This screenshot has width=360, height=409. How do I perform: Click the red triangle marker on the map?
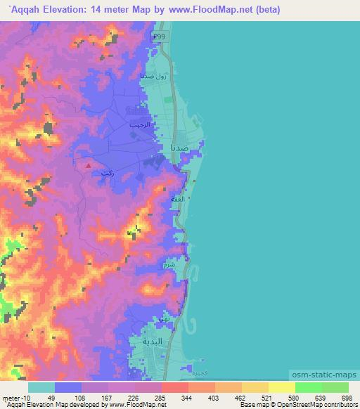(88, 166)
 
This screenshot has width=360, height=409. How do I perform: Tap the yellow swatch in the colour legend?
(281, 387)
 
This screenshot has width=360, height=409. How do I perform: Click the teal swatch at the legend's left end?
(41, 387)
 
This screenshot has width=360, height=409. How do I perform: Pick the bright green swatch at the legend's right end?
(335, 387)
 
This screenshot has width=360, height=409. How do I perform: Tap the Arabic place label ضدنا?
(179, 148)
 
